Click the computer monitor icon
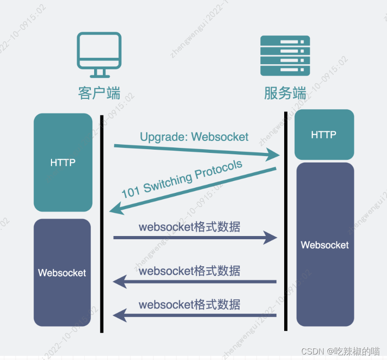tap(99, 54)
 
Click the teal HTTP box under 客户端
tap(63, 163)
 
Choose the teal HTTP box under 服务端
tap(324, 135)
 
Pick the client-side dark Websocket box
tap(62, 273)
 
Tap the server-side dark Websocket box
tap(325, 245)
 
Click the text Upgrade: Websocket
tap(194, 136)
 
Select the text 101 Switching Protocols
tap(182, 179)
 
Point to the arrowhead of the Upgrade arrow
tap(273, 156)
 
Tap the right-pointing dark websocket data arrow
tap(195, 238)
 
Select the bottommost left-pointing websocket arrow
tap(195, 315)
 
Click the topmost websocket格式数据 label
tap(189, 226)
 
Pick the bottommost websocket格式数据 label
tap(189, 304)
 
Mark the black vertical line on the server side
tap(286, 220)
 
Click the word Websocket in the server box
tap(325, 245)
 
